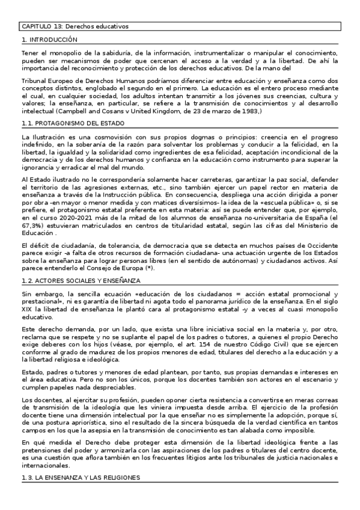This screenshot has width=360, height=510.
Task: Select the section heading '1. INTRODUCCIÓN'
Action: point(49,40)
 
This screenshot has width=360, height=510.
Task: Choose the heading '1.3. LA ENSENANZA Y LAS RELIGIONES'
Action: point(81,477)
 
